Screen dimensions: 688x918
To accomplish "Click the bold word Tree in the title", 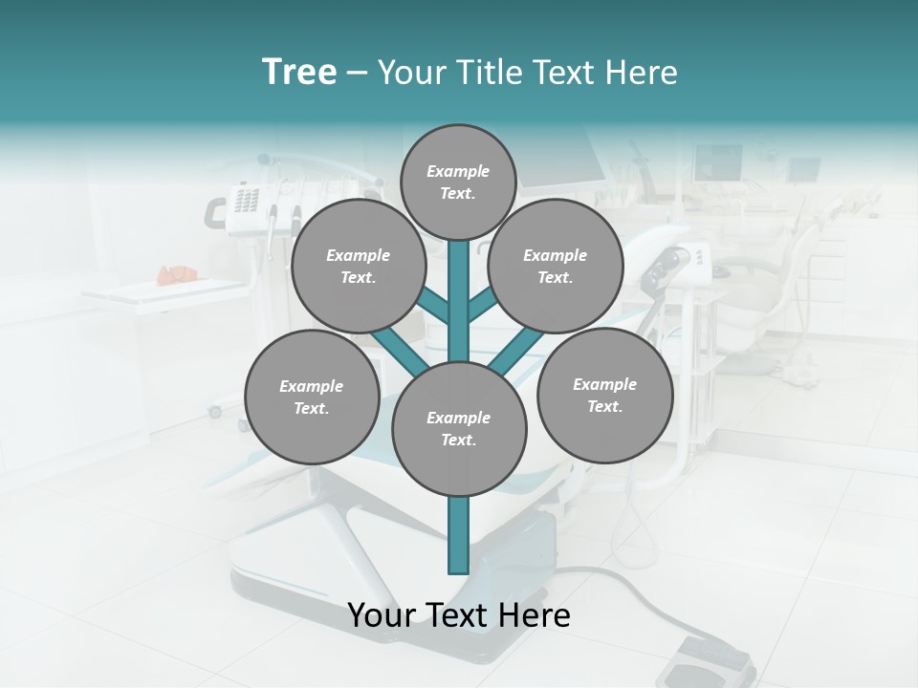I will coord(299,72).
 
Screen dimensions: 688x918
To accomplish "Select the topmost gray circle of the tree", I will coord(458,182).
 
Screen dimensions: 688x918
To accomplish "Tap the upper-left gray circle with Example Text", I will coord(358,267).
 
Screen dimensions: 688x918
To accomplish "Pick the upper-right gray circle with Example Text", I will coord(555,267).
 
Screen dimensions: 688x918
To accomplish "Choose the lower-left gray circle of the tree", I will coord(312,397).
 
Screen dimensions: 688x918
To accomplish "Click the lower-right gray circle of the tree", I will coord(604,395).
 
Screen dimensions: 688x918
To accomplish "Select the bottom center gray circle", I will coord(459,429).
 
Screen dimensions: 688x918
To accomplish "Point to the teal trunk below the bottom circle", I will coord(459,535).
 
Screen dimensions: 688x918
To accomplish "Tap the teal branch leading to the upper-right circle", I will coord(481,306).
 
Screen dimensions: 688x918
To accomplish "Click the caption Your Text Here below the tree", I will coord(459,615).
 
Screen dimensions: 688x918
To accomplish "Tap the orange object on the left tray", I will coord(176,274).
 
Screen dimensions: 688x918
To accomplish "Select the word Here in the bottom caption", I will coord(533,615).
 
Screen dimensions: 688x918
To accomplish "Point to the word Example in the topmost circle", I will coord(458,171).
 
